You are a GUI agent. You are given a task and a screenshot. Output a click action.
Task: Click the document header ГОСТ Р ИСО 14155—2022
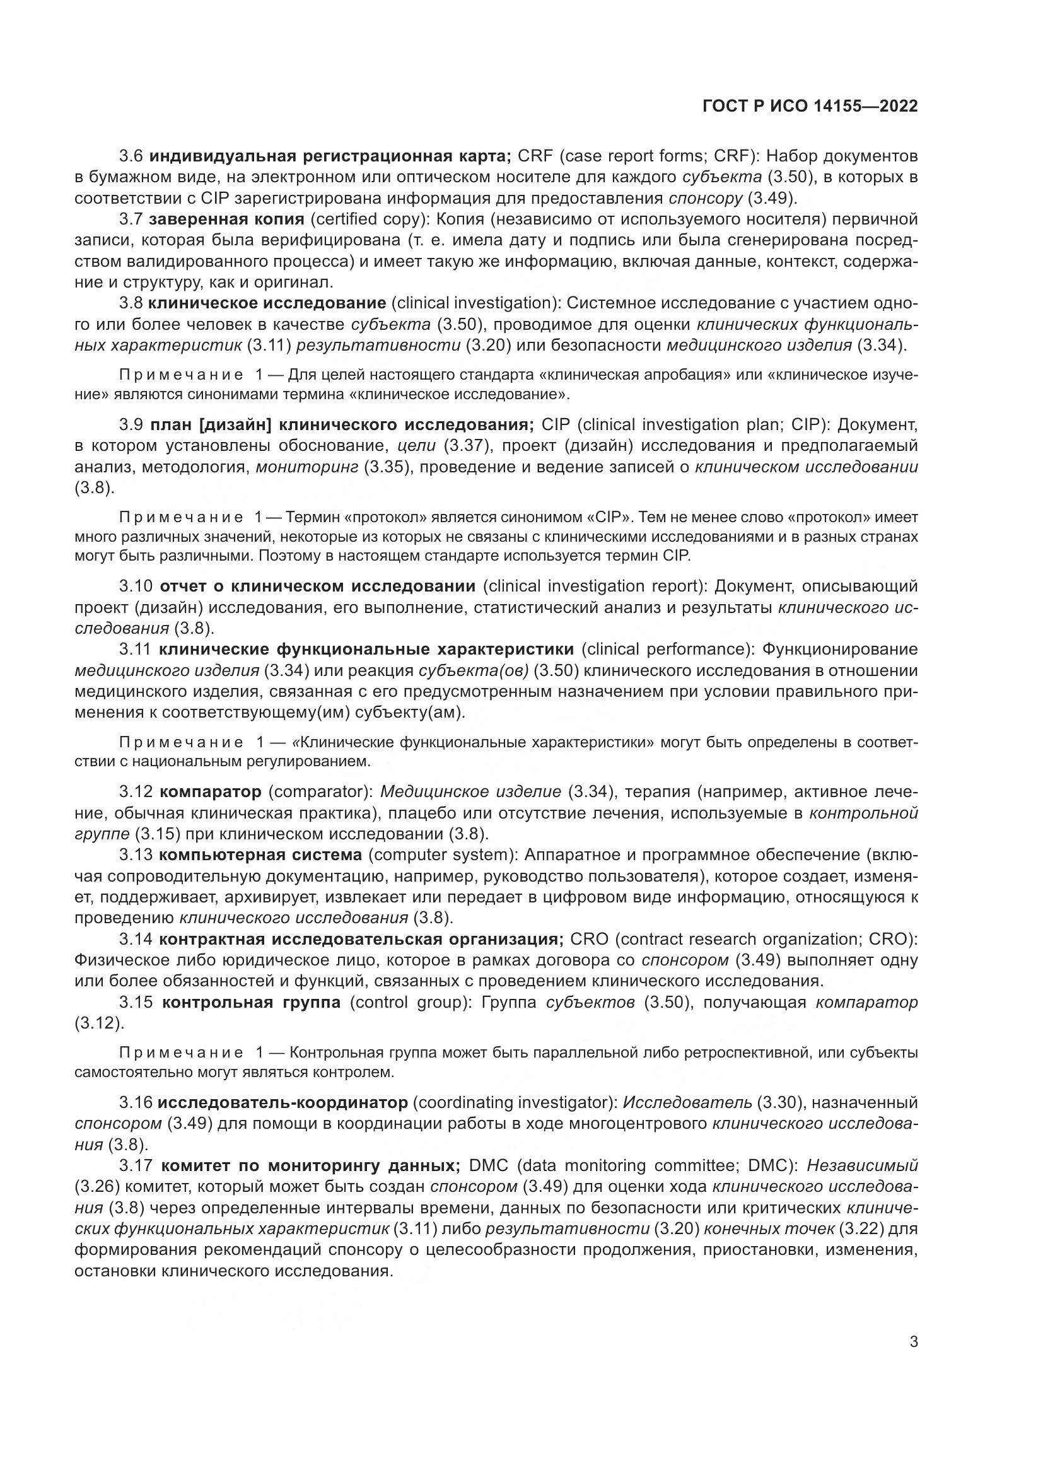point(810,107)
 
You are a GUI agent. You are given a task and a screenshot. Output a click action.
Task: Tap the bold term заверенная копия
point(226,219)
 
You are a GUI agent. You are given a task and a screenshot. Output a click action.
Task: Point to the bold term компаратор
point(210,792)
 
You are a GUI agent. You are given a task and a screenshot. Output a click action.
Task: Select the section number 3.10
point(136,586)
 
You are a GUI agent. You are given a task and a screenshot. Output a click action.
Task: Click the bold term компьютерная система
point(260,855)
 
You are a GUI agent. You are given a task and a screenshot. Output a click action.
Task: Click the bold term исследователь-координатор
point(283,1103)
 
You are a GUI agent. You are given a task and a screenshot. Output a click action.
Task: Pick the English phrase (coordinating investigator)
point(515,1103)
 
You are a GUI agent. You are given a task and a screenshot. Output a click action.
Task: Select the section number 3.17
point(136,1165)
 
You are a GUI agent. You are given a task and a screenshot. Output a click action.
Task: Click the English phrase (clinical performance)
point(668,650)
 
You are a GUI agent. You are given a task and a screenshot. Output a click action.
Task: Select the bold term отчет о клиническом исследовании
point(317,586)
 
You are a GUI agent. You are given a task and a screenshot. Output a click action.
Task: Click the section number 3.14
point(136,939)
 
